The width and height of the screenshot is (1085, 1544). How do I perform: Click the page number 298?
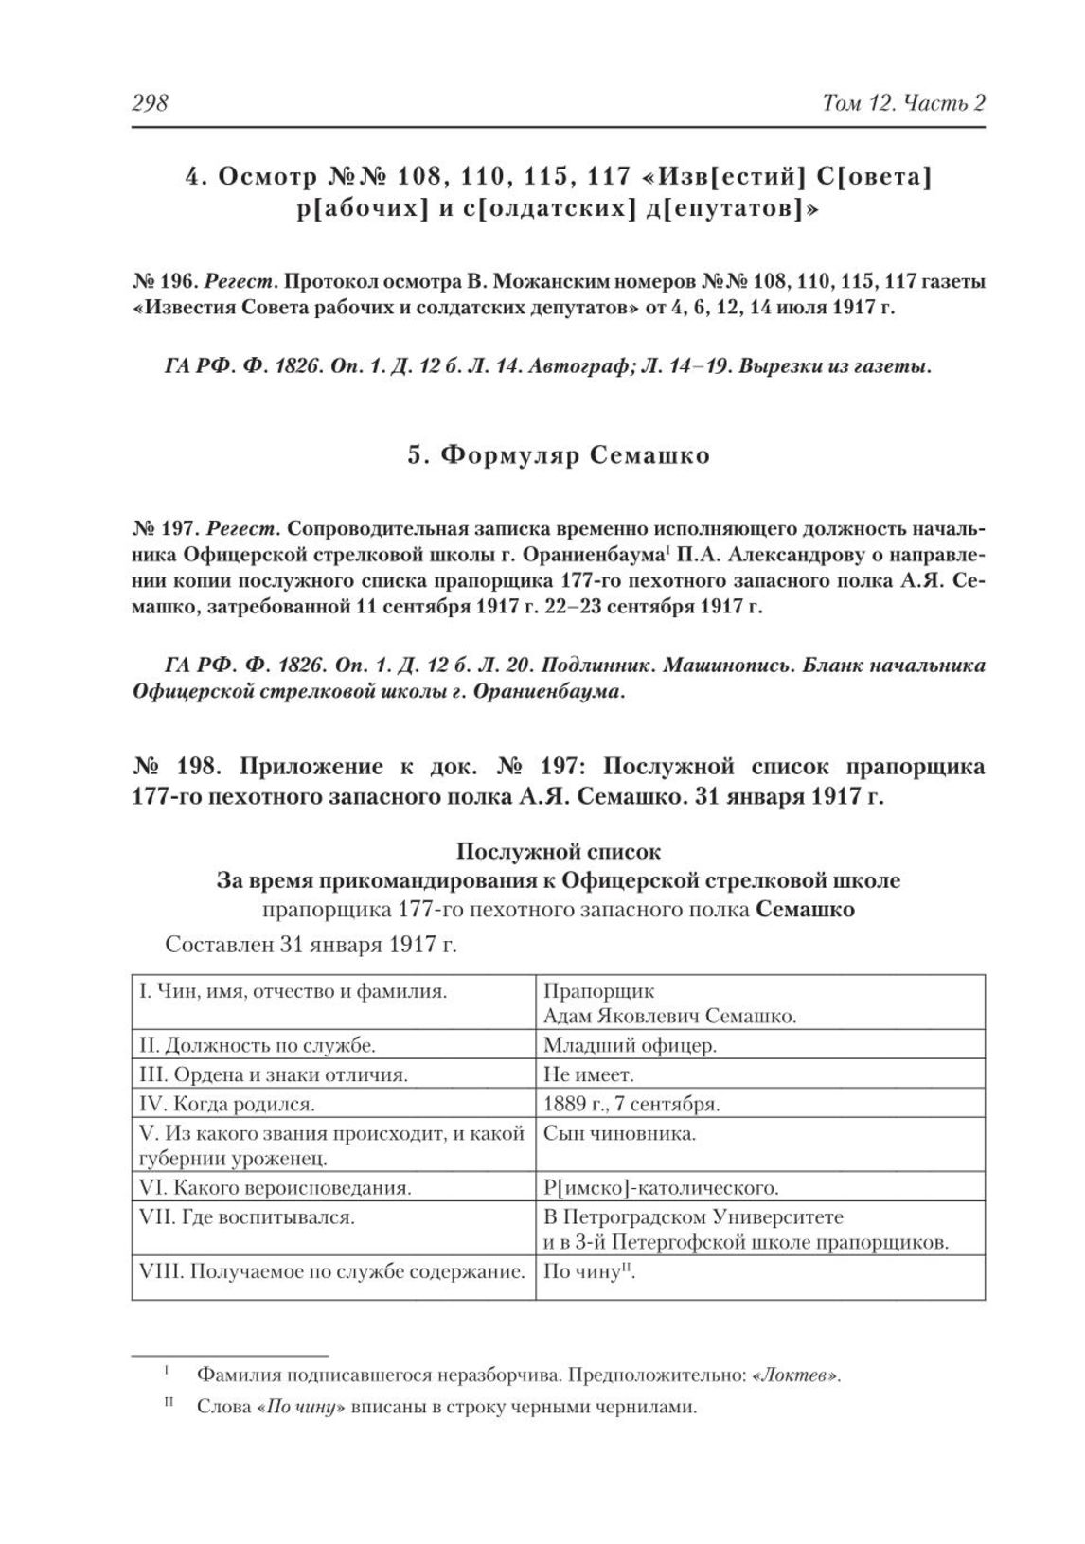coord(149,102)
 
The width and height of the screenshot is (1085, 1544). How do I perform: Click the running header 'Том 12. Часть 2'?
coord(905,102)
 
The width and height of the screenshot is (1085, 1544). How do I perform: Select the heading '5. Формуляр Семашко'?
coord(559,455)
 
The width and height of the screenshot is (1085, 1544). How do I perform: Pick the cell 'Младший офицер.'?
coord(630,1046)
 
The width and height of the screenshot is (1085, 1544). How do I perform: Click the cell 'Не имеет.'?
coord(589,1074)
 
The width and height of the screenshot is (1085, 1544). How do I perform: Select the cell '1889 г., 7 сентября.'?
coord(632,1104)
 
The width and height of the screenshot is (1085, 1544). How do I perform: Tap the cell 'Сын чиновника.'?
coord(619,1133)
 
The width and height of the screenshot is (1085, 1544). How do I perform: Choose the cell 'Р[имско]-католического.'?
coord(661,1187)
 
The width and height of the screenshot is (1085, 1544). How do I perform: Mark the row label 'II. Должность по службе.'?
coord(257,1046)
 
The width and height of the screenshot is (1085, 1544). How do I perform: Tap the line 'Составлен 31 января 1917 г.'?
coord(311,944)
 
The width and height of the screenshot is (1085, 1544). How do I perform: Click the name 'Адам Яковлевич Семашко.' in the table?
coord(669,1017)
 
